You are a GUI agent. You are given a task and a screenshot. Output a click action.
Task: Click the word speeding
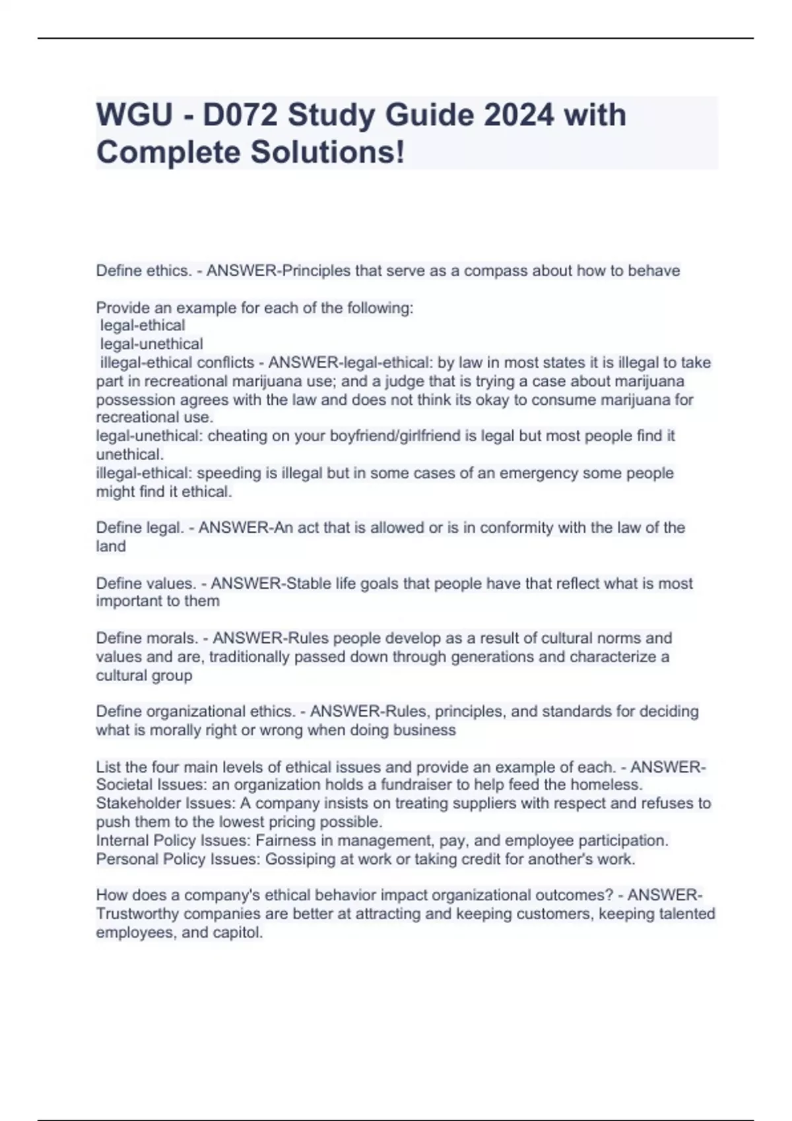point(224,473)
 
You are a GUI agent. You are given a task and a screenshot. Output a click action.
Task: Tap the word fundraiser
point(381,785)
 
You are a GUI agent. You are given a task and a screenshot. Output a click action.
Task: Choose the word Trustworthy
point(137,914)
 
